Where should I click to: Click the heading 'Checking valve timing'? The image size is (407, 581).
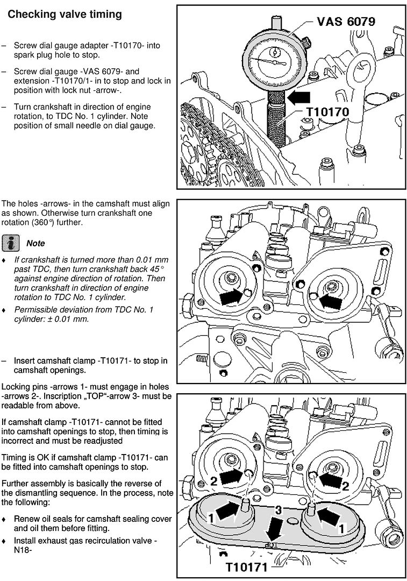pyautogui.click(x=65, y=15)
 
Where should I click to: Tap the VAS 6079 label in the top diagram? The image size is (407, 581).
pyautogui.click(x=346, y=22)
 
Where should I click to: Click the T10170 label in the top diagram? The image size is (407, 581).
pyautogui.click(x=327, y=111)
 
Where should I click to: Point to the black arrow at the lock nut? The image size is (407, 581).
pyautogui.click(x=299, y=97)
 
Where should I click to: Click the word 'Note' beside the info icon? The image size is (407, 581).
pyautogui.click(x=35, y=243)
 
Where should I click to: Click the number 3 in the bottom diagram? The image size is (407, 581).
pyautogui.click(x=278, y=509)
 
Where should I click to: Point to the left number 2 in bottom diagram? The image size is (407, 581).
pyautogui.click(x=213, y=481)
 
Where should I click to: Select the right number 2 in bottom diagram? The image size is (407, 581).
pyautogui.click(x=346, y=486)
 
